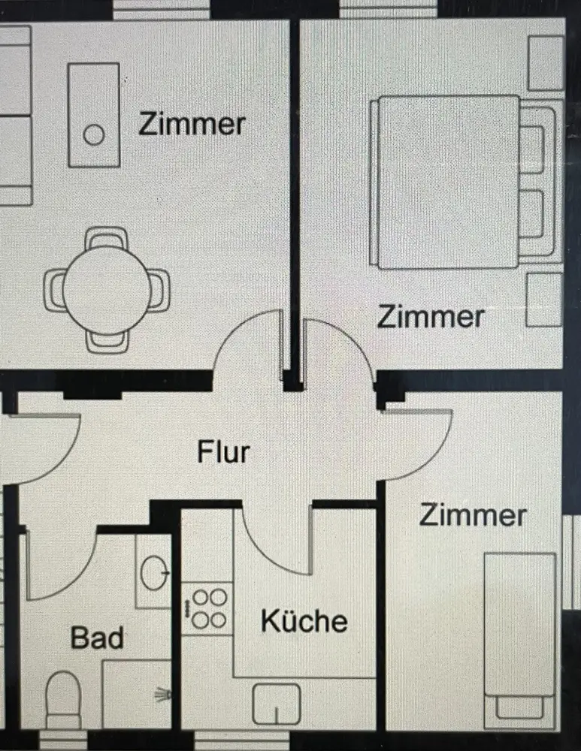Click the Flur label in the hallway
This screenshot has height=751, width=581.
click(223, 453)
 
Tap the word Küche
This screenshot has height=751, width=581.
click(304, 621)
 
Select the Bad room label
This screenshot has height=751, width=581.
click(97, 638)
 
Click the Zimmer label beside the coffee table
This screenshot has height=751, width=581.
click(192, 124)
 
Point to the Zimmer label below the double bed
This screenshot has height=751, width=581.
click(430, 316)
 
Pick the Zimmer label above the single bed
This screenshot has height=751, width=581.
click(472, 515)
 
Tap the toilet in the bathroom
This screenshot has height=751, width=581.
click(63, 699)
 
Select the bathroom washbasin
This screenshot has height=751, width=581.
click(155, 572)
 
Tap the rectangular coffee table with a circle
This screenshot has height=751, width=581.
click(94, 114)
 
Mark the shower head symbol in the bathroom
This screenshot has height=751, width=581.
click(163, 695)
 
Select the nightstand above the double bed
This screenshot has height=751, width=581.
click(546, 63)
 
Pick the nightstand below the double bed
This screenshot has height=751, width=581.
click(544, 299)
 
